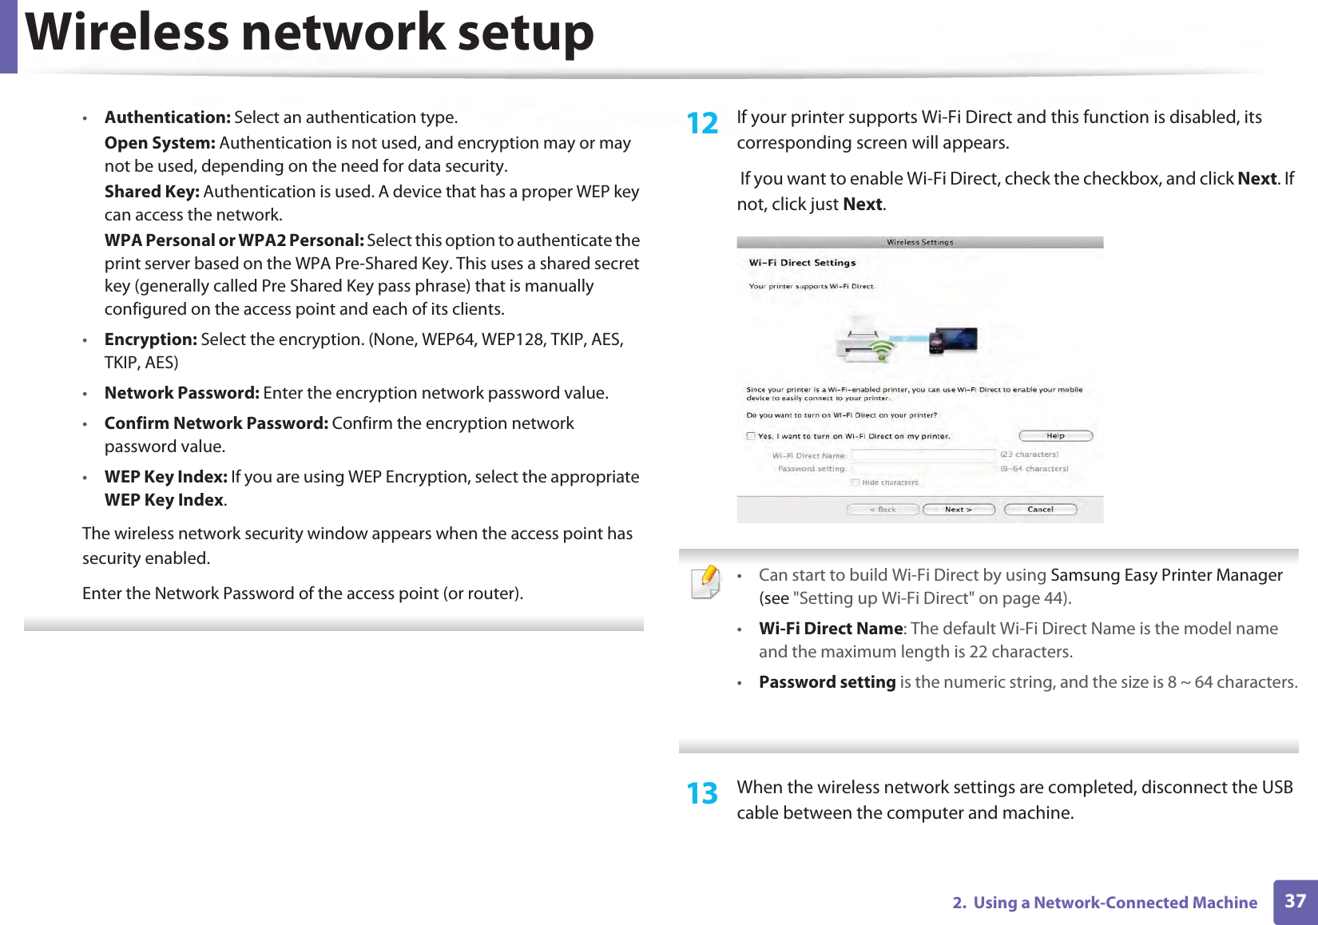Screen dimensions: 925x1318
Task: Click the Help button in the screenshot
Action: coord(1055,436)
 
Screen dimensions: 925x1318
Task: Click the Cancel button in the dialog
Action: coord(1040,510)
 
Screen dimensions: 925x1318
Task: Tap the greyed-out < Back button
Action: coord(883,510)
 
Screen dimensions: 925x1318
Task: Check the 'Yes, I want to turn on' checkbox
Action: coord(751,436)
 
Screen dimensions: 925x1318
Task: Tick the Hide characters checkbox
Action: coord(855,482)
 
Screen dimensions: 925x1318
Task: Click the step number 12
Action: coord(703,124)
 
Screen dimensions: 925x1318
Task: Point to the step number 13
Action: coord(703,794)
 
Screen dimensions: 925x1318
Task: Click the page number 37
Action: coord(1295,902)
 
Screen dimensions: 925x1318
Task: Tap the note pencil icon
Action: coord(706,582)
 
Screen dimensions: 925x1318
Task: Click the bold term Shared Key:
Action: coord(152,192)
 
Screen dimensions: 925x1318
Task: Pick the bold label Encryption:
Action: coord(151,339)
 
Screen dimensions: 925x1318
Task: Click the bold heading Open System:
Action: coord(160,143)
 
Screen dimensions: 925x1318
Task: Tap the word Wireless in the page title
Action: coord(128,34)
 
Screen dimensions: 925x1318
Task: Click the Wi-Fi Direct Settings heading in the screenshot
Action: coord(802,263)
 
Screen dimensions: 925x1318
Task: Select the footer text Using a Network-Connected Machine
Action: coord(1115,903)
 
